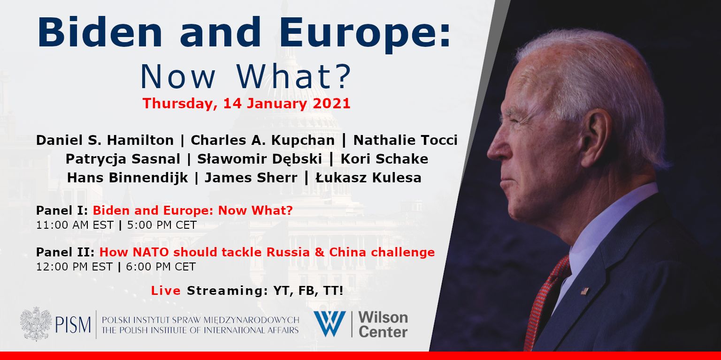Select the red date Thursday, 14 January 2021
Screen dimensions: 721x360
pos(246,104)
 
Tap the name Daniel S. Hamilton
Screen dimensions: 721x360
pos(105,140)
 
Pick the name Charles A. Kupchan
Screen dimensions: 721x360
pos(263,140)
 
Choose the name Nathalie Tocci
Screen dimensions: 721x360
pos(405,140)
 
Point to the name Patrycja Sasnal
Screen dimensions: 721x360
pos(123,159)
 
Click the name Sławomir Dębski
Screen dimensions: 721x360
pos(260,159)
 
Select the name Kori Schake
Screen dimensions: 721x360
pos(384,159)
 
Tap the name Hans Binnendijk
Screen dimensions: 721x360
pos(128,178)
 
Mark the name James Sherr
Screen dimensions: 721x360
pos(251,178)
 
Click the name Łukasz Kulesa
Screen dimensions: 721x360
pos(368,178)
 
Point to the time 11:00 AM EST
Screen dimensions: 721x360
pos(75,225)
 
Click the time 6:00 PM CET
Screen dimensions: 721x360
pos(161,267)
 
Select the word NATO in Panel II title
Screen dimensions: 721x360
pos(151,252)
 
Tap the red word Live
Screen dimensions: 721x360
pos(166,291)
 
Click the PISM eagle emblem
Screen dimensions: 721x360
pos(36,324)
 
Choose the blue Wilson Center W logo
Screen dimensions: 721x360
pos(330,324)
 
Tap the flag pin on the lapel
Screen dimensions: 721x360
pos(585,291)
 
